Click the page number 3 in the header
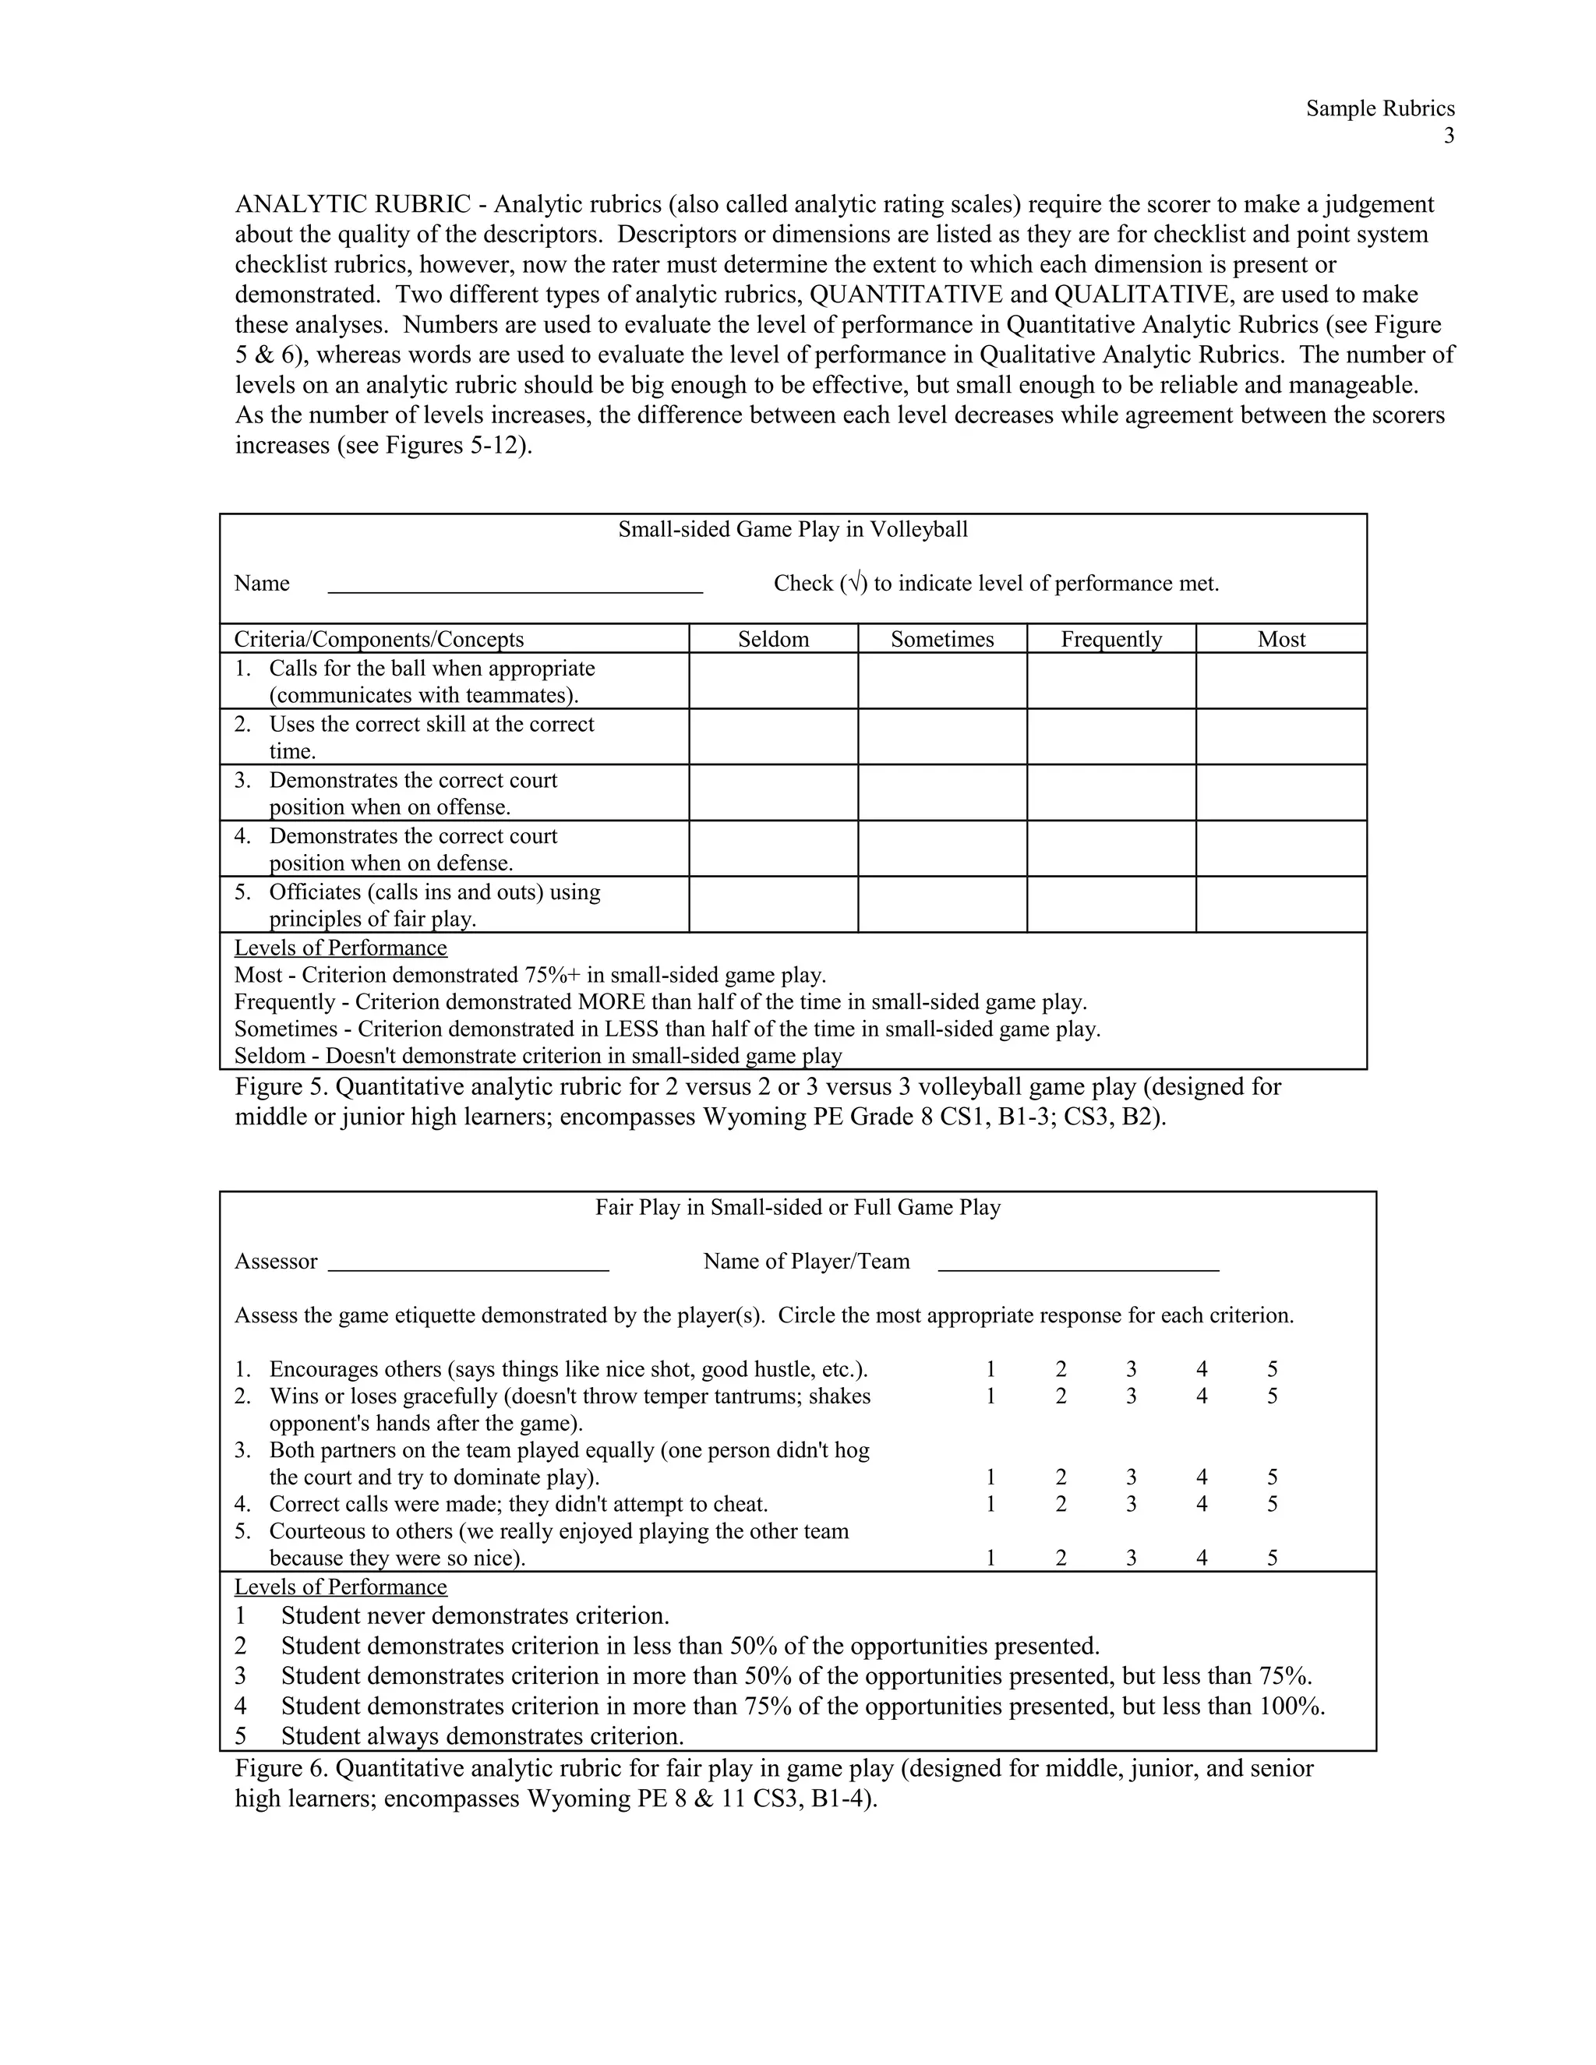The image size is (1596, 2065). [1449, 136]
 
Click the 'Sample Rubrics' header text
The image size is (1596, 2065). [1379, 109]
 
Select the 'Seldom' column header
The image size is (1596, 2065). [772, 639]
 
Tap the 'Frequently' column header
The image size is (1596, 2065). [1111, 639]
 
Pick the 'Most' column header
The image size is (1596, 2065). [1280, 639]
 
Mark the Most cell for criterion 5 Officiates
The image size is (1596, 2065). [1280, 905]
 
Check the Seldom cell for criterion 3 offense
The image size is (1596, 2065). [772, 792]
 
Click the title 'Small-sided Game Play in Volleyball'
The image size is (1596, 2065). [793, 529]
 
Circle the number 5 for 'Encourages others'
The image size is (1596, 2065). [1272, 1369]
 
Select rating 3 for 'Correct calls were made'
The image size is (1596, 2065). [1131, 1503]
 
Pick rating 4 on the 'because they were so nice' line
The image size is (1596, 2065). [1201, 1558]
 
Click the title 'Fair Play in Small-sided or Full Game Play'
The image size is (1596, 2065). [797, 1207]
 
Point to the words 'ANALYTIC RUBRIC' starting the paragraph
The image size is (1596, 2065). [351, 204]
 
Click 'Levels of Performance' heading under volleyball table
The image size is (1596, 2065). [341, 948]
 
